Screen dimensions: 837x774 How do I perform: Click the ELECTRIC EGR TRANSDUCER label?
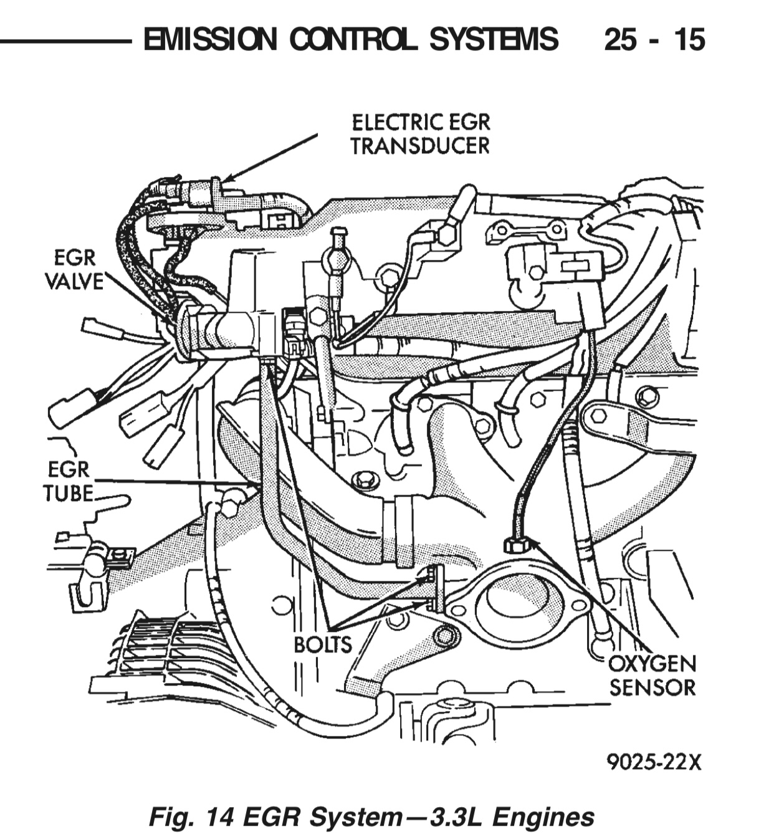click(419, 134)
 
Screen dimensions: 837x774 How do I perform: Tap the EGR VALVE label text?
click(74, 269)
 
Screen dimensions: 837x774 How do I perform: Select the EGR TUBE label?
click(68, 481)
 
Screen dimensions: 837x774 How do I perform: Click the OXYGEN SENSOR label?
click(652, 675)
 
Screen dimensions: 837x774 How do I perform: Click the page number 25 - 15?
click(654, 40)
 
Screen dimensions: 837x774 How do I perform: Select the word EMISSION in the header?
click(209, 40)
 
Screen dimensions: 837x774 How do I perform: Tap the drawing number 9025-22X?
click(654, 762)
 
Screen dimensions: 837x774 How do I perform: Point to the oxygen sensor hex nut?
click(517, 545)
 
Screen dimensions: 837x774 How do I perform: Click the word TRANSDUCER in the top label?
click(419, 146)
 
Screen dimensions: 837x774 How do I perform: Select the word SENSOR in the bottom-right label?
click(652, 687)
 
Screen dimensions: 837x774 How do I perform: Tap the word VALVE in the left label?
click(74, 282)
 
